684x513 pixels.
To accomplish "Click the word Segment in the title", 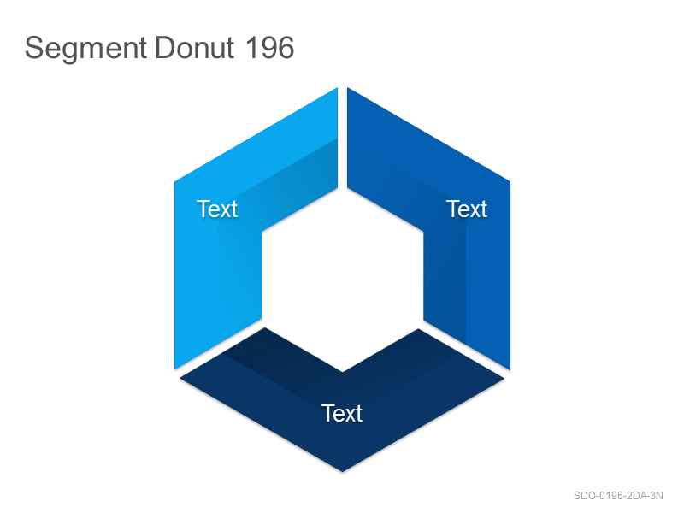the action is click(85, 49).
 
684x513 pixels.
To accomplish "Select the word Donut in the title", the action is click(195, 48).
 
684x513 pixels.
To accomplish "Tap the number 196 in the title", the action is click(269, 48).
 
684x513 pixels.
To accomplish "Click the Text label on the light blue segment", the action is click(217, 209).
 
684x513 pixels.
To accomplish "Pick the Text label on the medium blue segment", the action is click(466, 209).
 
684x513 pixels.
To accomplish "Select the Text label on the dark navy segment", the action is click(341, 413).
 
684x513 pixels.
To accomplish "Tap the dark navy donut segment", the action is click(343, 419).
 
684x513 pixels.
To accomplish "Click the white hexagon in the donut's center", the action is click(343, 280).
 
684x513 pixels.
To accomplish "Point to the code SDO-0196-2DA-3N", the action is click(618, 496).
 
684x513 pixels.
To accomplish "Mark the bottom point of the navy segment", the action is click(343, 472).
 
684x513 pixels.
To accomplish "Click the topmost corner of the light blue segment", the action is click(337, 88).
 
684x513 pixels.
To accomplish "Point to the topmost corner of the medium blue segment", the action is click(348, 88).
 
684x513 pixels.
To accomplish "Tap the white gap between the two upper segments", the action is click(343, 139).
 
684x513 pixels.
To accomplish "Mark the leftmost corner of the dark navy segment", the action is click(180, 379).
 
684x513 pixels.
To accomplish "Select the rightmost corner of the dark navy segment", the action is click(504, 379).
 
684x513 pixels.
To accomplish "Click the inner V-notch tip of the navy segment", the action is click(343, 372).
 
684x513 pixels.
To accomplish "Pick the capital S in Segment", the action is click(35, 48).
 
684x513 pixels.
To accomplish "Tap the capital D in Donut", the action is click(164, 48).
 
